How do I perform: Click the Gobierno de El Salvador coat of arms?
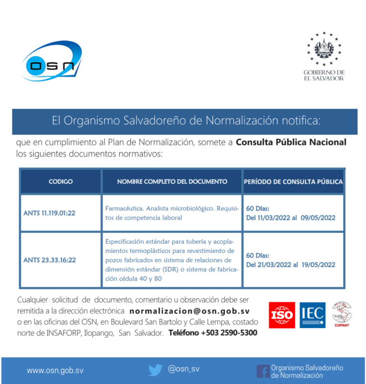click(324, 48)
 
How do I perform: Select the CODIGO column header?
click(61, 182)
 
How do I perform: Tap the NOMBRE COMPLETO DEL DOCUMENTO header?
click(172, 182)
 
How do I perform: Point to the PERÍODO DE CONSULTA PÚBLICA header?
click(293, 182)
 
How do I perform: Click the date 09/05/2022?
click(318, 218)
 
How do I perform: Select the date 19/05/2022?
click(318, 265)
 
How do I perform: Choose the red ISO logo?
click(282, 315)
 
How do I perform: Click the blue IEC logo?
click(313, 315)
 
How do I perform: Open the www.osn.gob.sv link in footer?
click(55, 370)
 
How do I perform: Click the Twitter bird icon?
click(155, 370)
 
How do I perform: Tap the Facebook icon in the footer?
click(263, 371)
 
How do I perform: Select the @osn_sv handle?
click(183, 369)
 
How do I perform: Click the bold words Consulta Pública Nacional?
click(291, 142)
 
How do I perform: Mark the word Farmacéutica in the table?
click(124, 208)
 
